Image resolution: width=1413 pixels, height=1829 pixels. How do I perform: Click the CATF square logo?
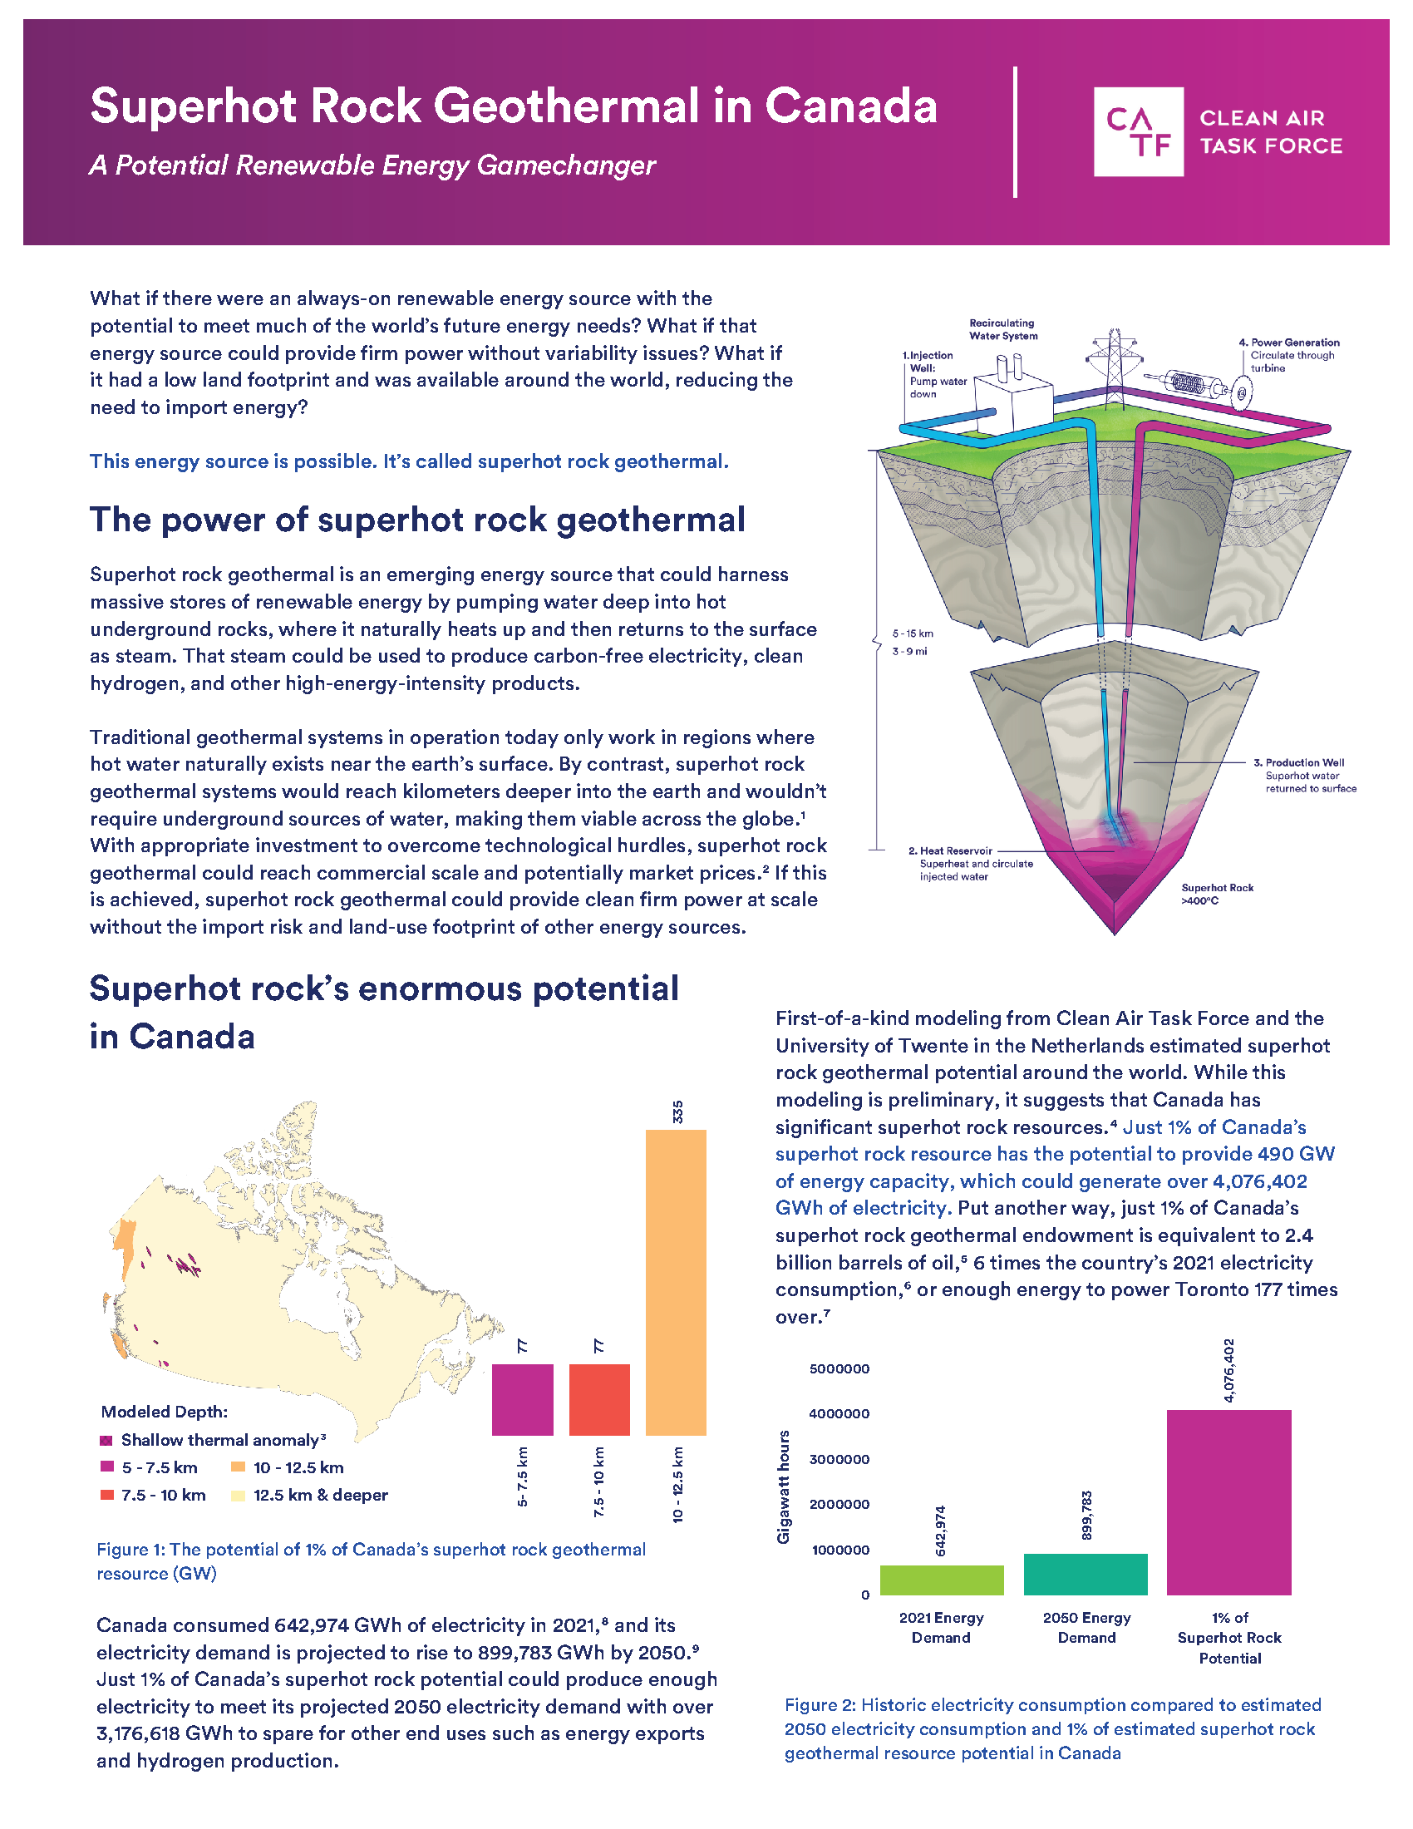click(x=1138, y=131)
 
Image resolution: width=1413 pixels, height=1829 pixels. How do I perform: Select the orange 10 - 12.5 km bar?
click(x=676, y=1282)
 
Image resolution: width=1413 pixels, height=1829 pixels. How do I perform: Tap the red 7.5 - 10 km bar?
click(x=599, y=1399)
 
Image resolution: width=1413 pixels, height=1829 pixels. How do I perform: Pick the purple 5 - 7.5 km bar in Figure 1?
click(x=522, y=1399)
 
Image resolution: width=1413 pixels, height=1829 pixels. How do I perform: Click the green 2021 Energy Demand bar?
click(x=941, y=1580)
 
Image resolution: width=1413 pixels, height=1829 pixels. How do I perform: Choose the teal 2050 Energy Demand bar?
click(x=1085, y=1574)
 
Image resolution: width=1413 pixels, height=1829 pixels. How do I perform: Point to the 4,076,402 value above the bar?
click(x=1228, y=1371)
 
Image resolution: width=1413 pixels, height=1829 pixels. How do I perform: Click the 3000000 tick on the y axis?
click(x=839, y=1459)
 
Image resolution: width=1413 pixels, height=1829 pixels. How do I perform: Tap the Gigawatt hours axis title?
click(x=784, y=1486)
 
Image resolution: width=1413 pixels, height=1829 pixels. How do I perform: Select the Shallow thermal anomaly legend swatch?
click(x=106, y=1441)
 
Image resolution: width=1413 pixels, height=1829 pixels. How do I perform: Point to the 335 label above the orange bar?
click(x=677, y=1112)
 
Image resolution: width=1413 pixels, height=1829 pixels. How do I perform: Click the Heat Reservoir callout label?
click(x=950, y=850)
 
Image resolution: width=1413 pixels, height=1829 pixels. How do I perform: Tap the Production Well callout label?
click(x=1304, y=762)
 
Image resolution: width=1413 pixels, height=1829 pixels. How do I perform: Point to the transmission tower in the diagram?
click(x=1114, y=360)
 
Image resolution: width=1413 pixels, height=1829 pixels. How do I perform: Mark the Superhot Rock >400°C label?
click(x=1216, y=894)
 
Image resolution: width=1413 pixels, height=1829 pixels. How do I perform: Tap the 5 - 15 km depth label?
click(x=912, y=633)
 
